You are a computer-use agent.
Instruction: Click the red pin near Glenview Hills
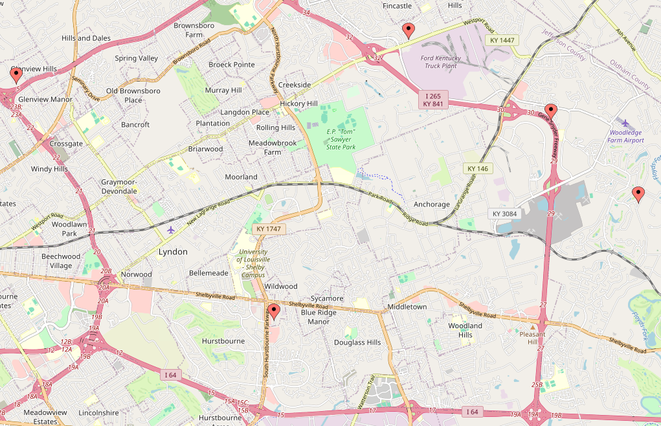(x=16, y=75)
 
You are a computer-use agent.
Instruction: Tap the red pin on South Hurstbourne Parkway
(x=273, y=313)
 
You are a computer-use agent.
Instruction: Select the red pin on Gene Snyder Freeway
(x=550, y=111)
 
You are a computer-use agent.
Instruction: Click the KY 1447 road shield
(x=502, y=40)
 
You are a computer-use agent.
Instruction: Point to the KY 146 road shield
(x=477, y=169)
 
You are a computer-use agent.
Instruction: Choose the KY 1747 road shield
(x=268, y=229)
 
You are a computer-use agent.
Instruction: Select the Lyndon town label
(x=173, y=252)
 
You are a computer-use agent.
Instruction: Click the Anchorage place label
(x=431, y=205)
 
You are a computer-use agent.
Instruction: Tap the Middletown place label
(x=407, y=306)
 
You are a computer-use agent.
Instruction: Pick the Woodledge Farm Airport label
(x=627, y=136)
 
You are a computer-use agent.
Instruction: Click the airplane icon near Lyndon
(x=171, y=230)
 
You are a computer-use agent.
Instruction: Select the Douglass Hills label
(x=357, y=342)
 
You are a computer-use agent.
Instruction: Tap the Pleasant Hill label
(x=533, y=338)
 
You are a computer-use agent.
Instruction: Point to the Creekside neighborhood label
(x=295, y=85)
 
